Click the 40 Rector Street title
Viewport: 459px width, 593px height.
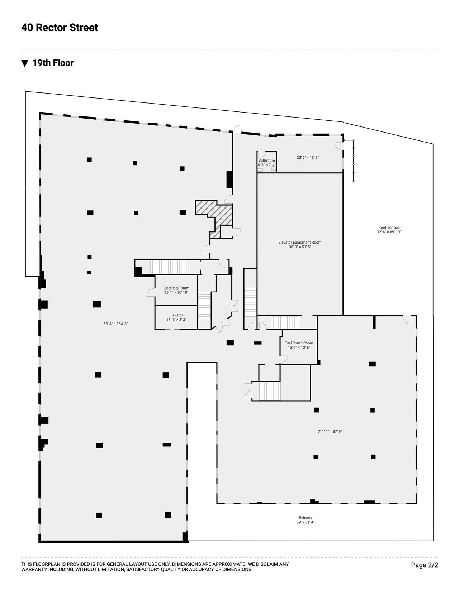(60, 28)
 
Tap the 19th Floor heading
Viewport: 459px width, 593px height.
(53, 63)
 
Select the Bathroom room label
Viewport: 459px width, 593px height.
(266, 161)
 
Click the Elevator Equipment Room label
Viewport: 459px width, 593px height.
(300, 242)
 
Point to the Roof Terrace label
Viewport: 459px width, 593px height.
(389, 227)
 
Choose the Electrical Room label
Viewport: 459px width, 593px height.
(176, 288)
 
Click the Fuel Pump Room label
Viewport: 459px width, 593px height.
(299, 343)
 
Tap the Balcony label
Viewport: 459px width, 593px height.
(305, 518)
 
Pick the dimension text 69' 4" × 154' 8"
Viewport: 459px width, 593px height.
(116, 324)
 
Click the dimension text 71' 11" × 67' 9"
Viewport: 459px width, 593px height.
(330, 431)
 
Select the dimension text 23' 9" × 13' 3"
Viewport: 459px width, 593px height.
(308, 157)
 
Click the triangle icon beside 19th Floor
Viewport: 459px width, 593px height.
(25, 63)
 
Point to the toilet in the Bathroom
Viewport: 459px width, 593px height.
(273, 170)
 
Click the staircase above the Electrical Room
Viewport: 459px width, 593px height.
(169, 267)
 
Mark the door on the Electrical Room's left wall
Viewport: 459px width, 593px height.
(151, 292)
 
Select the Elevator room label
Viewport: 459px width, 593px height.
(176, 315)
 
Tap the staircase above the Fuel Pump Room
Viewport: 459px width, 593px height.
(285, 322)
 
